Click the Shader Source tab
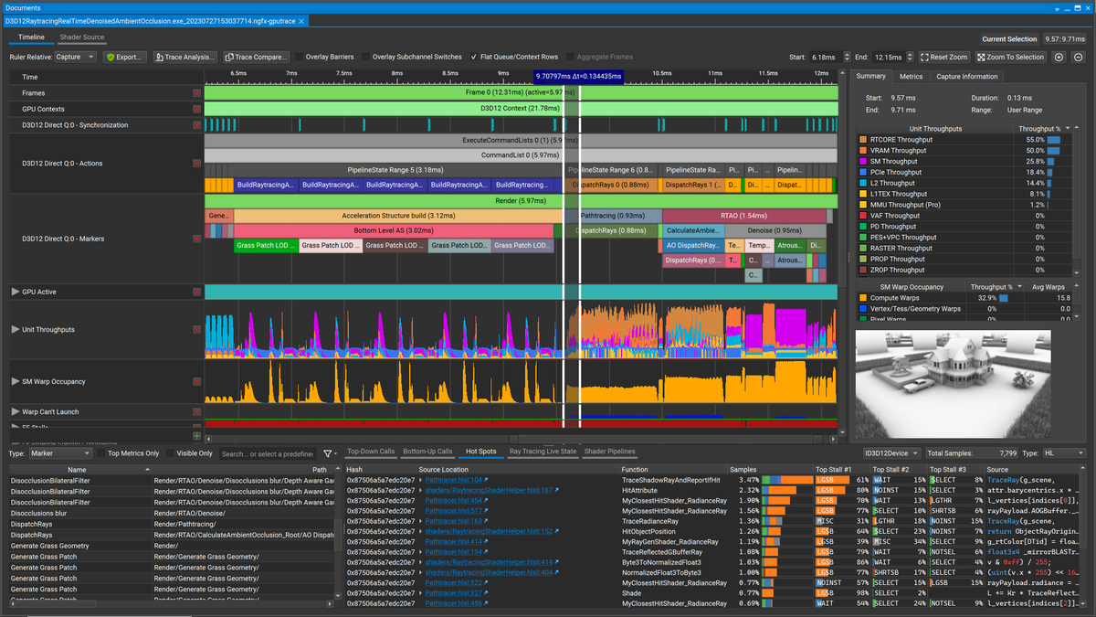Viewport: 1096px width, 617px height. coord(81,37)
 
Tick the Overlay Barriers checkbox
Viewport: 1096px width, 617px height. coord(300,57)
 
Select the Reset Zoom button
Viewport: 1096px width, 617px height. coord(943,57)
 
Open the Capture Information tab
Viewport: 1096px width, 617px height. coord(966,77)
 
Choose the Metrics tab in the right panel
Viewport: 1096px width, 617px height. coord(911,77)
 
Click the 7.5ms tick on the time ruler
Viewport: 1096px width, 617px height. coord(343,73)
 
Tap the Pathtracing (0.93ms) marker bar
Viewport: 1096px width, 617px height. coord(612,216)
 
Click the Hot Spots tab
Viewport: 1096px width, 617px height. coord(480,452)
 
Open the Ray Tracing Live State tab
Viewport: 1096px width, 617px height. coord(543,452)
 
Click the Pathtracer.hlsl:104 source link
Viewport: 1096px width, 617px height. coord(454,479)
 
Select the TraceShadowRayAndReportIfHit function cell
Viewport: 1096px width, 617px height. coord(670,479)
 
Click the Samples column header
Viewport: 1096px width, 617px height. coord(743,469)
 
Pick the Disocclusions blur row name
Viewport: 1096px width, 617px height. coord(40,513)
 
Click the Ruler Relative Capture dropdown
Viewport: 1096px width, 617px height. coord(75,57)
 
